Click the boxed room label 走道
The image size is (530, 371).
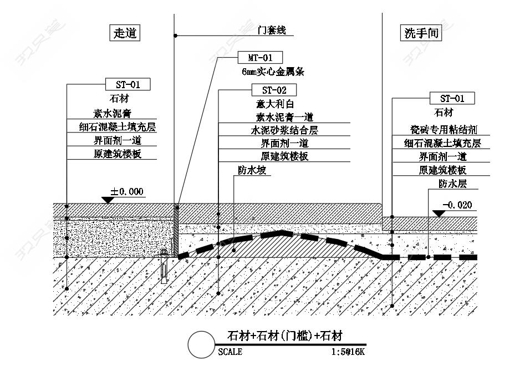[124, 33]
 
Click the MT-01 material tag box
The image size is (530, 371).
[259, 57]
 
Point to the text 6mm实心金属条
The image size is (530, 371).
[273, 72]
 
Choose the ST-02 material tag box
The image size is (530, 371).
[274, 90]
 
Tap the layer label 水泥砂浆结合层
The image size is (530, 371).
[284, 130]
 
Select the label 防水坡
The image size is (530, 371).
[252, 170]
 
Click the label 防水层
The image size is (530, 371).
[452, 183]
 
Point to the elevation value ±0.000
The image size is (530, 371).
[127, 192]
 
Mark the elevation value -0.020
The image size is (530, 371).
[457, 205]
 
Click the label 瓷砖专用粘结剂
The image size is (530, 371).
[444, 130]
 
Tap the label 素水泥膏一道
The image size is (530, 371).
[284, 117]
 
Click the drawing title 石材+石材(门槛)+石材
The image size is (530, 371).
[285, 336]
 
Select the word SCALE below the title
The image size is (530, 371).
[230, 352]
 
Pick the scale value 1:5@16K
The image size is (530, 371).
[348, 352]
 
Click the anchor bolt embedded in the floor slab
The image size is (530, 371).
[164, 266]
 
